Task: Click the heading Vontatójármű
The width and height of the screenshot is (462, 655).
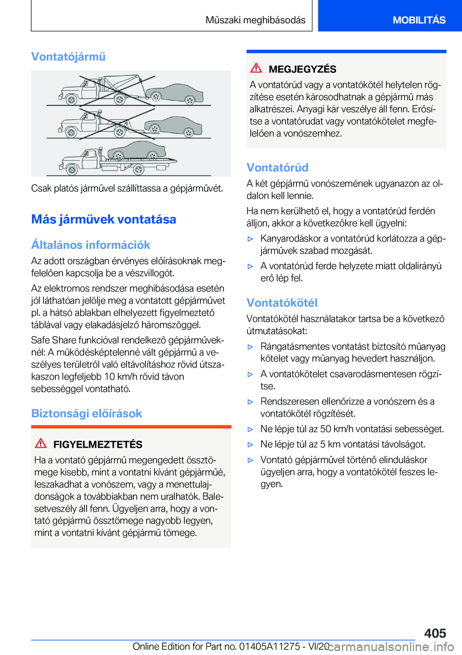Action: point(68,57)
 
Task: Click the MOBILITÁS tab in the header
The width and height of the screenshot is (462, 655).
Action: point(419,20)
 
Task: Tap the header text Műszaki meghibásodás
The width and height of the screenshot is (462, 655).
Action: point(255,20)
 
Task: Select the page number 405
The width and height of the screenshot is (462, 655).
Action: point(435,633)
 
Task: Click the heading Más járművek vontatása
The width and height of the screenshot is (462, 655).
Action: point(103,219)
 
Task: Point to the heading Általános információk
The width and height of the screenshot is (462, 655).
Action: point(90,245)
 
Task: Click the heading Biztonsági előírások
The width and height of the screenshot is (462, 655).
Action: point(87,414)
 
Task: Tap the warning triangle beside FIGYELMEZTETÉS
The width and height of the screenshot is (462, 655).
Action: point(41,443)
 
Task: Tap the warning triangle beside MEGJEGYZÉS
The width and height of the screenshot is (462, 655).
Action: point(256,68)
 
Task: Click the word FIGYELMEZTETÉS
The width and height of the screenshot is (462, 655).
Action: point(98,444)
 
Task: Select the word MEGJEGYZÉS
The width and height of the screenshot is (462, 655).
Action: point(302,69)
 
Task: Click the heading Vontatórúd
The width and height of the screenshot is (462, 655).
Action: point(277,167)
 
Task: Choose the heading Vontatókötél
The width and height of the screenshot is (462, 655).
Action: point(282,303)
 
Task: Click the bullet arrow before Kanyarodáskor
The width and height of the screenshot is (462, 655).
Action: point(250,239)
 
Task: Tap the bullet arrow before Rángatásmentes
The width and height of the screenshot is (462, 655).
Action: point(250,347)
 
